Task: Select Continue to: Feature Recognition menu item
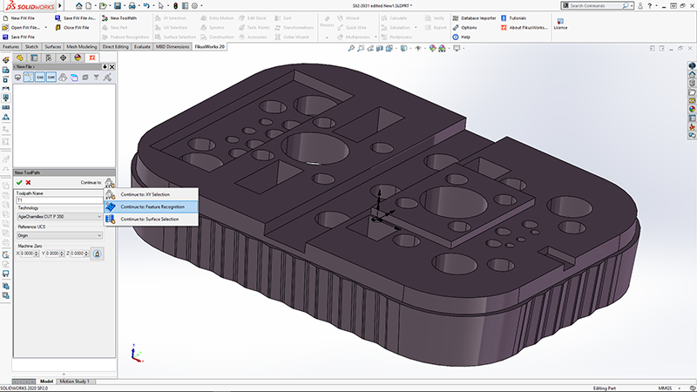tap(152, 206)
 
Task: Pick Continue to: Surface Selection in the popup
tap(150, 220)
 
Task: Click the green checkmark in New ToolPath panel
tap(19, 182)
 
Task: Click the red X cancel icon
tap(28, 182)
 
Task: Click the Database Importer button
tap(477, 17)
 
